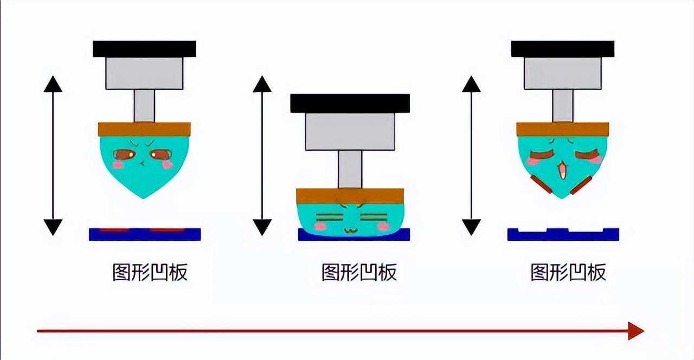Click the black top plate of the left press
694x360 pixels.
(144, 49)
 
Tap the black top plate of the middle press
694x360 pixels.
(350, 103)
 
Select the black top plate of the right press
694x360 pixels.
(562, 49)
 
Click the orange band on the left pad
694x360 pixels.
(144, 129)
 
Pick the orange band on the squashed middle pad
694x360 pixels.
(350, 195)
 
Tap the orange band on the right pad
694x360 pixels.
(562, 129)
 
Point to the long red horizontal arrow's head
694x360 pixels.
(636, 331)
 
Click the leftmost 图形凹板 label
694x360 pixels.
(150, 272)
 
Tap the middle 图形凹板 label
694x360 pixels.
(359, 272)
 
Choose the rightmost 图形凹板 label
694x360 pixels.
(568, 272)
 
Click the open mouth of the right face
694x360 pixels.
(563, 170)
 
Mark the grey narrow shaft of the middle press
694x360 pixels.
(350, 169)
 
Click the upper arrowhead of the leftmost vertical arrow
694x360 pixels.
(53, 84)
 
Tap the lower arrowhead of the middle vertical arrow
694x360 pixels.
(262, 227)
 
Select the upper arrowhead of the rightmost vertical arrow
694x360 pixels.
(471, 84)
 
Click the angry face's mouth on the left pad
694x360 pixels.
(142, 164)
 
